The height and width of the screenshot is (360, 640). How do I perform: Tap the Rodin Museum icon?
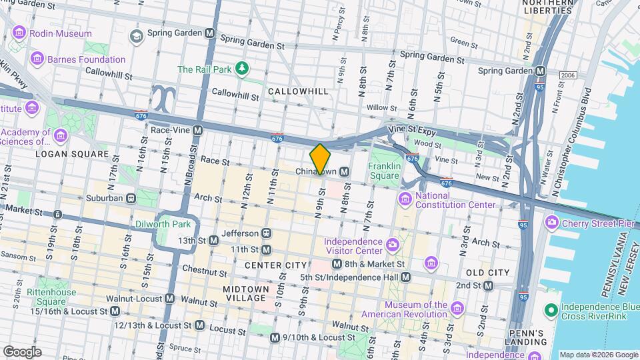tap(19, 33)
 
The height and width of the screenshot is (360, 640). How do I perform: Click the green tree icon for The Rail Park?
tap(243, 69)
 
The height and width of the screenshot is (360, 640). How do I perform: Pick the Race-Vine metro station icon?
tap(197, 131)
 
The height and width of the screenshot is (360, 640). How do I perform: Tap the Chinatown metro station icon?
tap(344, 171)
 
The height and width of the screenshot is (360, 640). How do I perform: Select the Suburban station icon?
tap(131, 198)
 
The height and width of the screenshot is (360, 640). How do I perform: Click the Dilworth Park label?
tap(163, 224)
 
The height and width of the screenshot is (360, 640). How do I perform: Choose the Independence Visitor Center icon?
tap(393, 246)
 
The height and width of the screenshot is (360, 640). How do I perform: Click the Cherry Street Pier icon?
tap(551, 221)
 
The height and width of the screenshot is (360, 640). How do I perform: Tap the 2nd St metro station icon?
tap(489, 286)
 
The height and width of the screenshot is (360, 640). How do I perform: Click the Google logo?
tap(22, 352)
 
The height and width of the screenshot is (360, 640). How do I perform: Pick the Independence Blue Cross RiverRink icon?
tap(551, 309)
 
